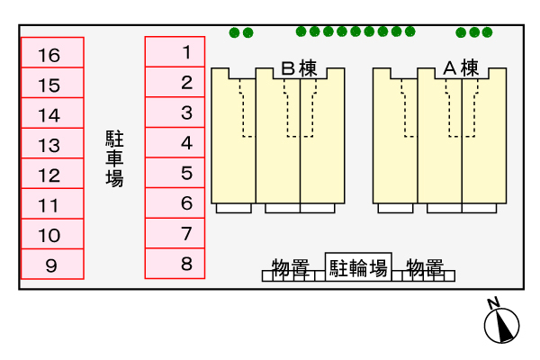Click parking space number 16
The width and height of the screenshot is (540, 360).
click(52, 52)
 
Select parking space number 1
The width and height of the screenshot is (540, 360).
click(175, 51)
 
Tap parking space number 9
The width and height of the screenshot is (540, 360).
click(52, 264)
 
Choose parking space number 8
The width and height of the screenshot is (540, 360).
click(175, 264)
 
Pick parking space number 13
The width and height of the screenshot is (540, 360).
click(52, 143)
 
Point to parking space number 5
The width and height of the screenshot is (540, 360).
click(175, 173)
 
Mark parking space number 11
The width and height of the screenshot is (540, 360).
click(52, 203)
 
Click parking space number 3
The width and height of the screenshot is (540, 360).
click(175, 112)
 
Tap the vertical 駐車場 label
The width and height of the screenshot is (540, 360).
click(114, 158)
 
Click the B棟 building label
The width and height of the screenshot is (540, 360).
click(299, 68)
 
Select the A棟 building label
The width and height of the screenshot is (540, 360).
click(461, 67)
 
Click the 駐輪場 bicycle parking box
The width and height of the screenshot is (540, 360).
click(358, 267)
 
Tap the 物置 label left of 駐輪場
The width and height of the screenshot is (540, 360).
click(291, 267)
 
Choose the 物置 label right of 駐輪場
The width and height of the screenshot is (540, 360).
click(425, 267)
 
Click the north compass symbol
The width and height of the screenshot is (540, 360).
click(501, 325)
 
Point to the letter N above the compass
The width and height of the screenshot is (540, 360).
click(493, 302)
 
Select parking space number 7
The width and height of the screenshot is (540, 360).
click(175, 233)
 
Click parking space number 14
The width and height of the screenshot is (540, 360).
click(52, 113)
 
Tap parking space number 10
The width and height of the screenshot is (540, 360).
click(52, 234)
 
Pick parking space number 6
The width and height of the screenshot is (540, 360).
click(175, 202)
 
